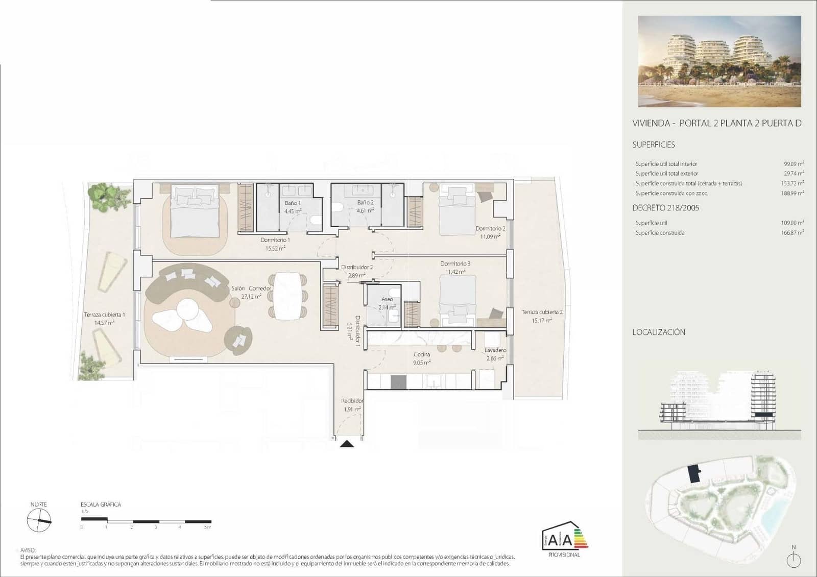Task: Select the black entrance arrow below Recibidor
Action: tap(347, 444)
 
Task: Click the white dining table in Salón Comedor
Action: tap(288, 296)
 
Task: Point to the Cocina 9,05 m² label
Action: tap(422, 358)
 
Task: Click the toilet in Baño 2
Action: tap(337, 207)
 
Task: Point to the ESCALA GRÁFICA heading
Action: tap(101, 504)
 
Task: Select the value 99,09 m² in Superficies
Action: tap(794, 164)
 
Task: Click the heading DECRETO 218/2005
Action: tap(665, 208)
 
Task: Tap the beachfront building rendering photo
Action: tap(719, 61)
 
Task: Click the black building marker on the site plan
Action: tap(694, 473)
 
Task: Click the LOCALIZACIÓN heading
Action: tap(658, 332)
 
